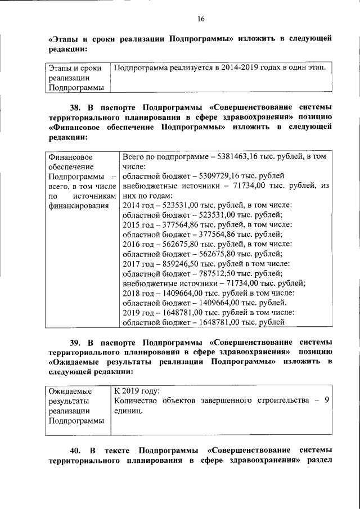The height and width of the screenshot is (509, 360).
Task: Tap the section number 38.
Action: [x=75, y=107]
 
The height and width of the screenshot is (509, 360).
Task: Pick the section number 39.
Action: [x=75, y=342]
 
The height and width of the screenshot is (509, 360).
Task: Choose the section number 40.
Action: [x=75, y=451]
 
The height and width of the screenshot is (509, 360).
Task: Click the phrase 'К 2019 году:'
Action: [x=137, y=390]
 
